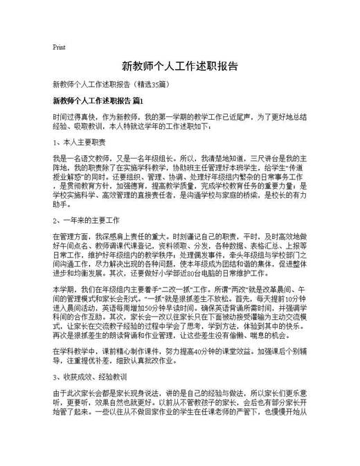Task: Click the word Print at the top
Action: coord(59,47)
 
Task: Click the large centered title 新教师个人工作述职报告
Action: coord(180,67)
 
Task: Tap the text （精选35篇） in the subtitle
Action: coord(145,86)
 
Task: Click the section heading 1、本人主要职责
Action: coord(79,142)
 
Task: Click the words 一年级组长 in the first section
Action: coord(159,159)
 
